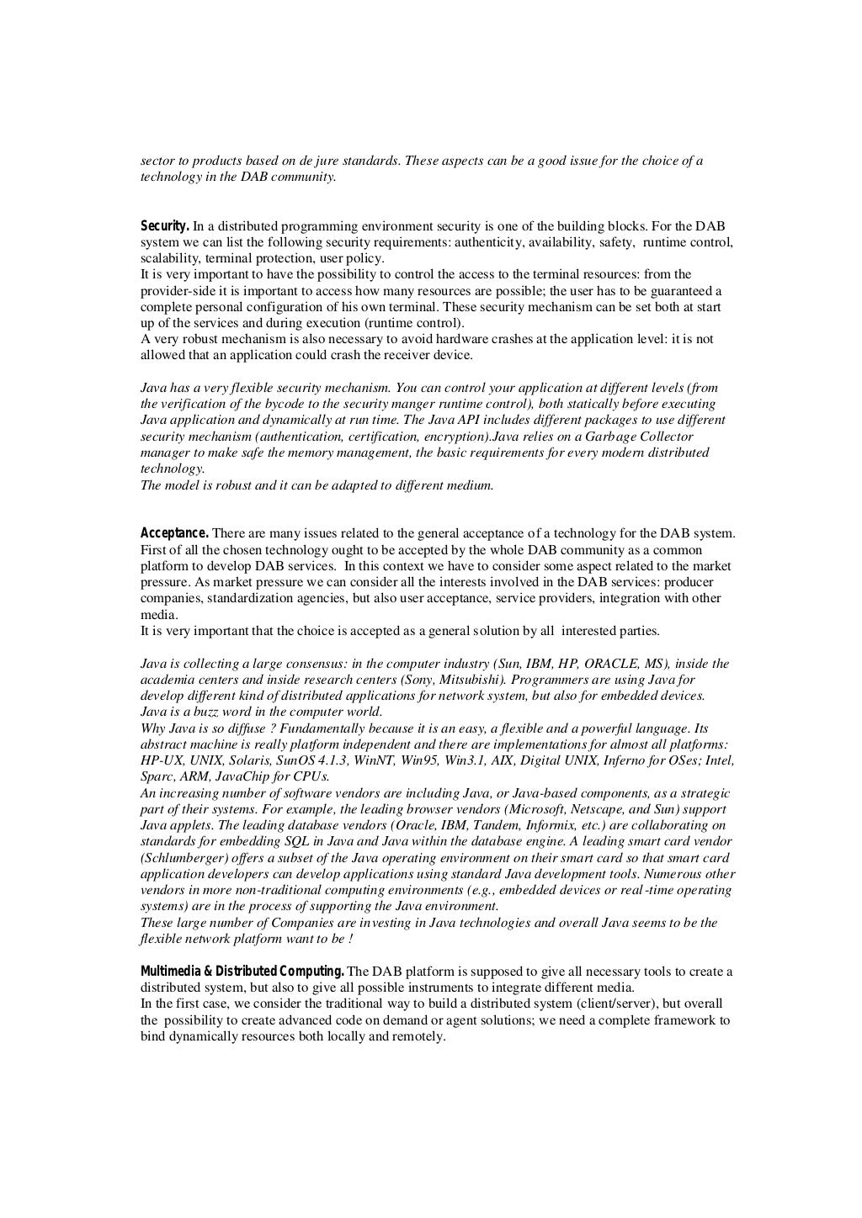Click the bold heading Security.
point(164,226)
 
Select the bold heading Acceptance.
point(174,532)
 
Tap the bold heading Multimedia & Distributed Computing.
point(242,972)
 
